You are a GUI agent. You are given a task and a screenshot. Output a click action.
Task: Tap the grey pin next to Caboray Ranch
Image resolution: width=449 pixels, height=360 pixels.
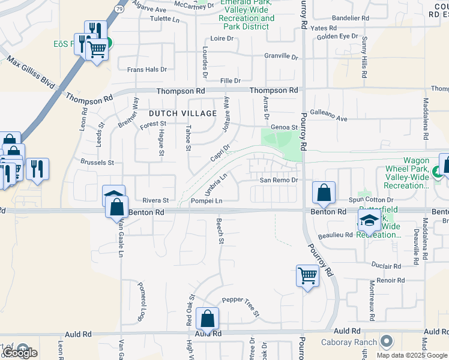387,342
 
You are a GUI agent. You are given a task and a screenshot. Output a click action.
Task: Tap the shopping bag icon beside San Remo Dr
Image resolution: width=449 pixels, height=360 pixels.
324,193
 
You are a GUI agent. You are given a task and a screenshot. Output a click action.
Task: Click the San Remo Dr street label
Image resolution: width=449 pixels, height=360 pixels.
279,180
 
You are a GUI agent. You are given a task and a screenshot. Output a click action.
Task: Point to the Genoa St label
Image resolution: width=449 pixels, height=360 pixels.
285,127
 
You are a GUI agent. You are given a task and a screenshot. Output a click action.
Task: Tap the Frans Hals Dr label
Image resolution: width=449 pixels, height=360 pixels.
146,70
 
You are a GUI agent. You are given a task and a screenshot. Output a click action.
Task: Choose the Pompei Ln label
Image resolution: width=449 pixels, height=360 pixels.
206,200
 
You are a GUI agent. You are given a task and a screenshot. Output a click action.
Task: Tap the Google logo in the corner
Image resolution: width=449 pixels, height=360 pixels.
20,353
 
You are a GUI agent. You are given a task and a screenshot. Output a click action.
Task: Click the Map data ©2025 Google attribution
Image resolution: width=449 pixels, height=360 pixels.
412,355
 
